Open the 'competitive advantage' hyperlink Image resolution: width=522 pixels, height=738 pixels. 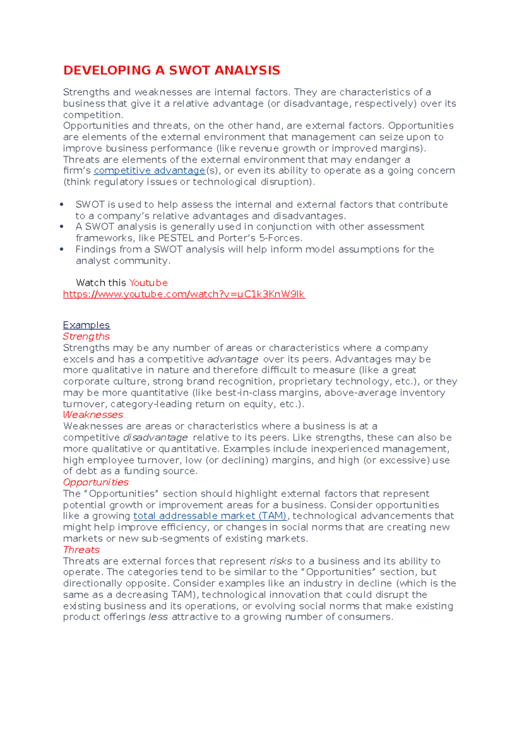pos(149,171)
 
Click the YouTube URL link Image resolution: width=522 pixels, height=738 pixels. pos(184,294)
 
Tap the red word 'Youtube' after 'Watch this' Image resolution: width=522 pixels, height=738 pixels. pos(148,283)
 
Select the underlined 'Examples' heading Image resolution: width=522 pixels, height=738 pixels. pos(86,325)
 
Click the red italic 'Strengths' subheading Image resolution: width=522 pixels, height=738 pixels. pos(86,336)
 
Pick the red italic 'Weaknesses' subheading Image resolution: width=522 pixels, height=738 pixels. pos(93,415)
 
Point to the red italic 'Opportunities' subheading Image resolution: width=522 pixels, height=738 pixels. pos(96,482)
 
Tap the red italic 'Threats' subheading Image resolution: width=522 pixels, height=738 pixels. pos(81,550)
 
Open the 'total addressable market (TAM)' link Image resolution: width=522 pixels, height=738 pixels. pos(210,516)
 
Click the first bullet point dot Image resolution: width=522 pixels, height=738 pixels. pos(62,205)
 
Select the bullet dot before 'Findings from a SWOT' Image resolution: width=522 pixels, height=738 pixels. pos(62,249)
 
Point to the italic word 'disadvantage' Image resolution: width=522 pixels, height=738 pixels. pos(155,437)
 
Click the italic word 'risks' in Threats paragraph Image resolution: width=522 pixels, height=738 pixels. pos(281,561)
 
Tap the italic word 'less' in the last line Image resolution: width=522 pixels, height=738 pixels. pos(158,617)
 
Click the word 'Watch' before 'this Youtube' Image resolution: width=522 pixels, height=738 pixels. pos(90,283)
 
